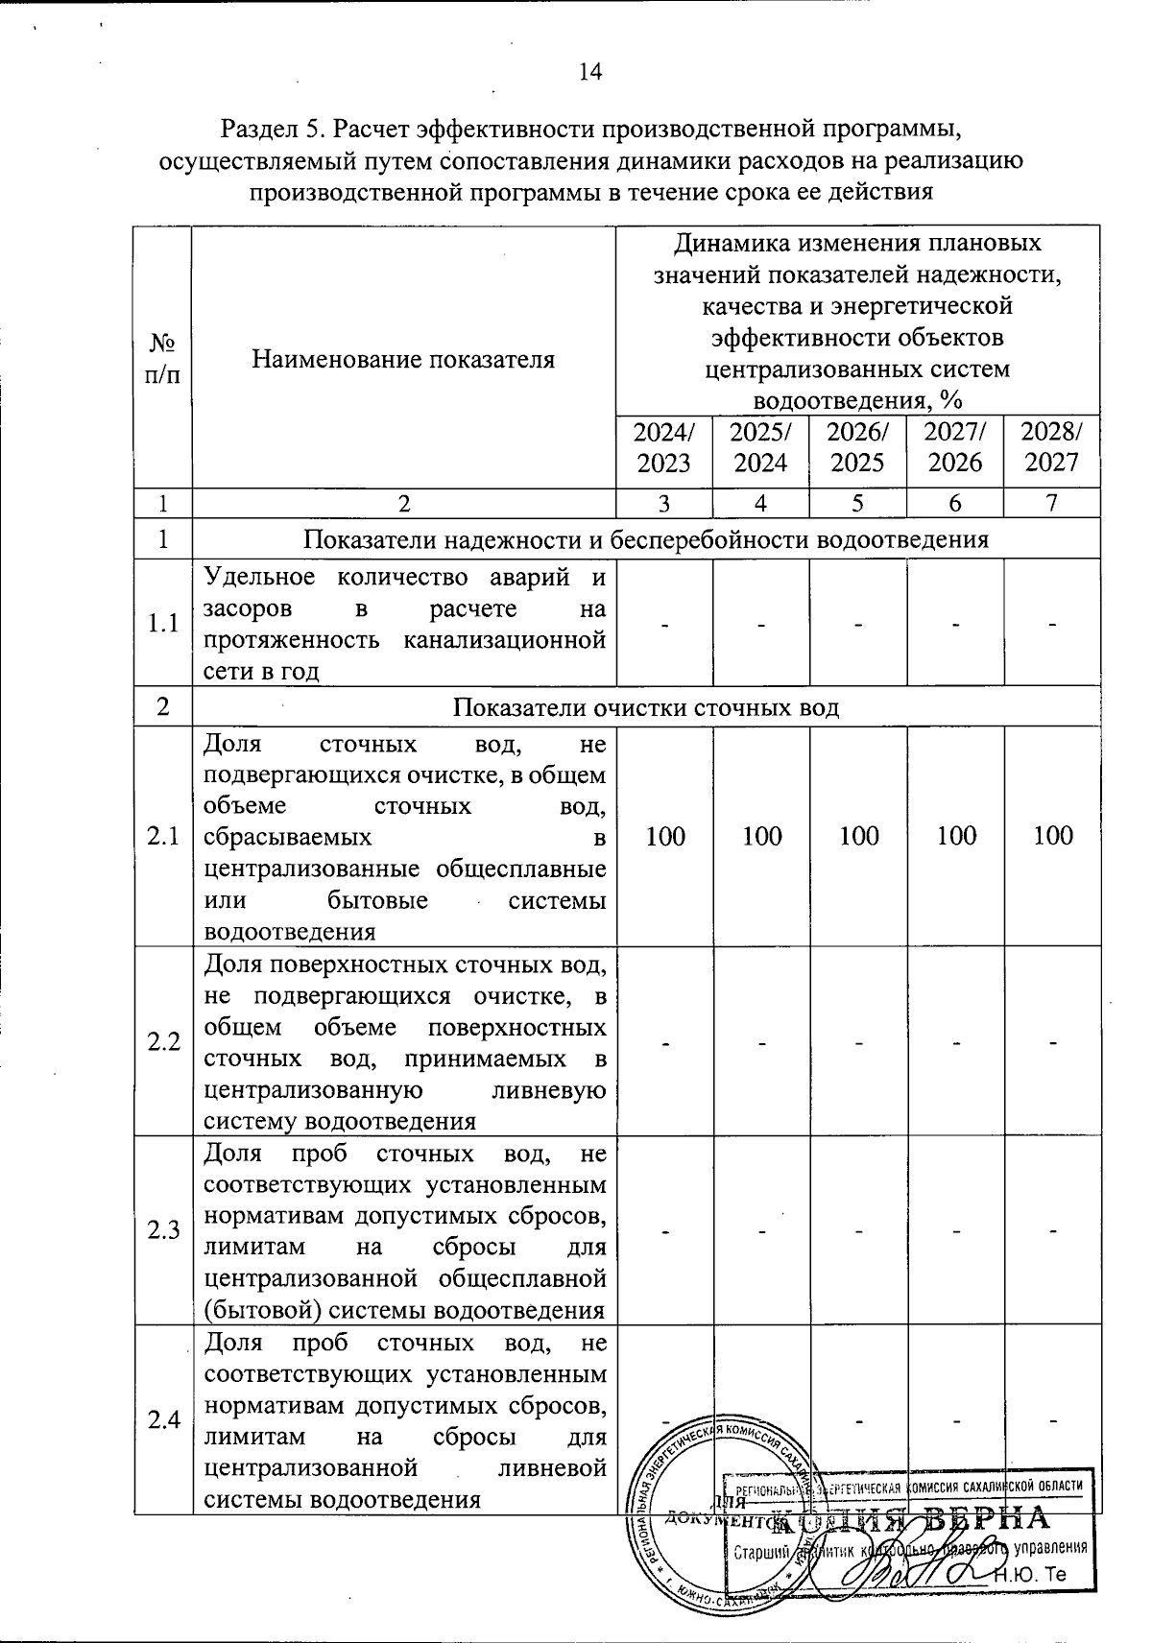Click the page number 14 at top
pos(589,72)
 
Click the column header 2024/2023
pos(663,447)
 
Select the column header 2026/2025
pos(857,447)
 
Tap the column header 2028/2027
pos(1052,447)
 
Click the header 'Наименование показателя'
pos(403,360)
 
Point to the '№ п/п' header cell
pos(162,358)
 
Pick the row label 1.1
pos(163,624)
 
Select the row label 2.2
pos(163,1041)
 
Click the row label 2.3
pos(163,1230)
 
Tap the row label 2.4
pos(163,1420)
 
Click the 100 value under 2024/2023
pos(664,836)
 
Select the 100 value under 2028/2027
pos(1052,836)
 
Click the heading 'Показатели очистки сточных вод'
pos(645,708)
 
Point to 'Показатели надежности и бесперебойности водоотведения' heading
pos(645,539)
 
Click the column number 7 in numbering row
pos(1052,503)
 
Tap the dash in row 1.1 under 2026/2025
pos(857,625)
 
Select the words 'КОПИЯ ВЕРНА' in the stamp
pos(912,1520)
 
